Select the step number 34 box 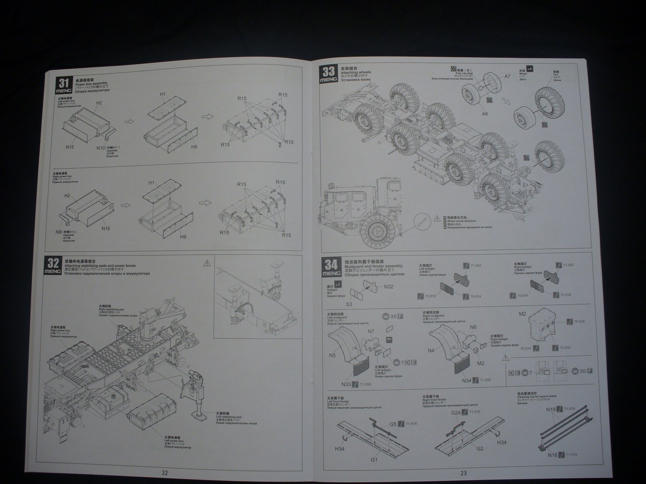click(x=331, y=267)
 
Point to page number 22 click(x=165, y=473)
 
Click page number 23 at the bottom click(x=463, y=473)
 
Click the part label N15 click(x=70, y=147)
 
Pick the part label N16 click(x=106, y=228)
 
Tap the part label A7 click(x=508, y=76)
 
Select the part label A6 click(x=485, y=114)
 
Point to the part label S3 click(x=349, y=304)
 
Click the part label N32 click(x=389, y=287)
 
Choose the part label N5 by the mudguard click(x=332, y=355)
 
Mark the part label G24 click(x=456, y=413)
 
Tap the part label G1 click(x=374, y=459)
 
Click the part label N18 click(x=553, y=455)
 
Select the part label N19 click(x=551, y=409)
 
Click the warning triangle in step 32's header click(x=207, y=263)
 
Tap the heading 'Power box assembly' click(x=91, y=84)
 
